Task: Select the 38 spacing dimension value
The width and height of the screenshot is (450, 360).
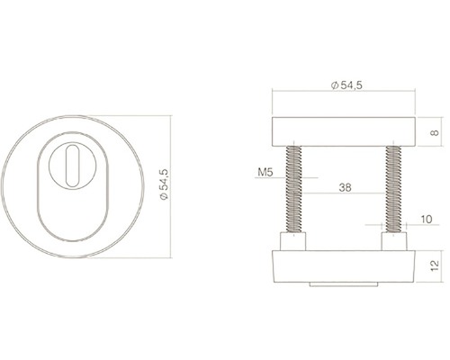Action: [346, 188]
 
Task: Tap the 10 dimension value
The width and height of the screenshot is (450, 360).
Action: [425, 220]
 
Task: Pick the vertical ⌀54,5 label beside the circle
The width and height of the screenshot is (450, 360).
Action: [163, 186]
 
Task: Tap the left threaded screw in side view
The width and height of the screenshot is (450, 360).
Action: [293, 189]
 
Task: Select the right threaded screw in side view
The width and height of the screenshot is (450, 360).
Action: [392, 189]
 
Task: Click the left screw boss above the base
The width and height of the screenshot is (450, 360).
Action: [293, 244]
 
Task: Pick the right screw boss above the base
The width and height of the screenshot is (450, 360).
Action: [392, 244]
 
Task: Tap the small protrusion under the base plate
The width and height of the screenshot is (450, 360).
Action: [343, 287]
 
